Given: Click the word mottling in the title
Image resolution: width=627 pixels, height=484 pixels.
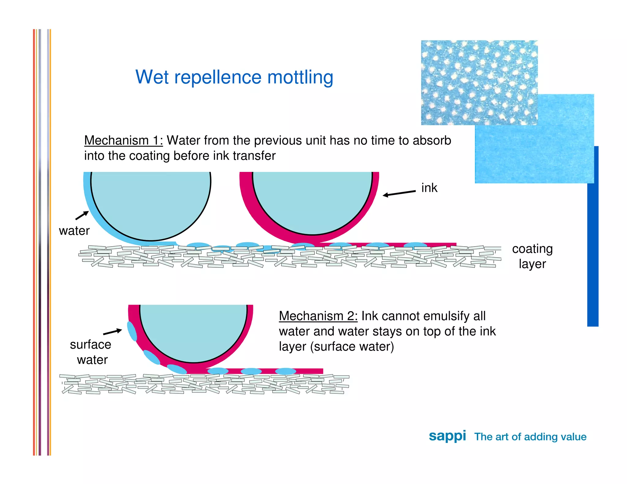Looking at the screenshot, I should click(300, 77).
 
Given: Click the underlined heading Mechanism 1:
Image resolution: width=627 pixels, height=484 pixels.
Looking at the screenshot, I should click(123, 141).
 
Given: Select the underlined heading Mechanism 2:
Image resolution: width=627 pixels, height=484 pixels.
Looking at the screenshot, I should click(318, 316).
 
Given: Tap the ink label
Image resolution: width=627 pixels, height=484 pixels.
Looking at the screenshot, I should click(429, 188).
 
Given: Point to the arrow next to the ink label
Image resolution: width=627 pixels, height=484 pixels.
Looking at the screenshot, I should click(399, 193).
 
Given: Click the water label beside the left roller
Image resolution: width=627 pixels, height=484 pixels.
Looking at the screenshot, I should click(74, 231).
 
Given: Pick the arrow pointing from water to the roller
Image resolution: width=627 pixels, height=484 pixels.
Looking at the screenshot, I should click(82, 215).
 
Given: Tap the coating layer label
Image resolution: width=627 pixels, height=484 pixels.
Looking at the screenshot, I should click(532, 256).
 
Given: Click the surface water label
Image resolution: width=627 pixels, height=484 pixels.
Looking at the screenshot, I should click(91, 352).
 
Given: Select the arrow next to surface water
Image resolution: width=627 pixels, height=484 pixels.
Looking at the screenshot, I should click(112, 332).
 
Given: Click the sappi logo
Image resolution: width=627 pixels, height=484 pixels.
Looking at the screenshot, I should click(447, 436).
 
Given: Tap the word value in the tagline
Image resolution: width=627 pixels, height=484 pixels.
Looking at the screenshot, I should click(572, 437).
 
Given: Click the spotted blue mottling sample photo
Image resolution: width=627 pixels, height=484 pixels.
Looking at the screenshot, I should click(479, 83).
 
